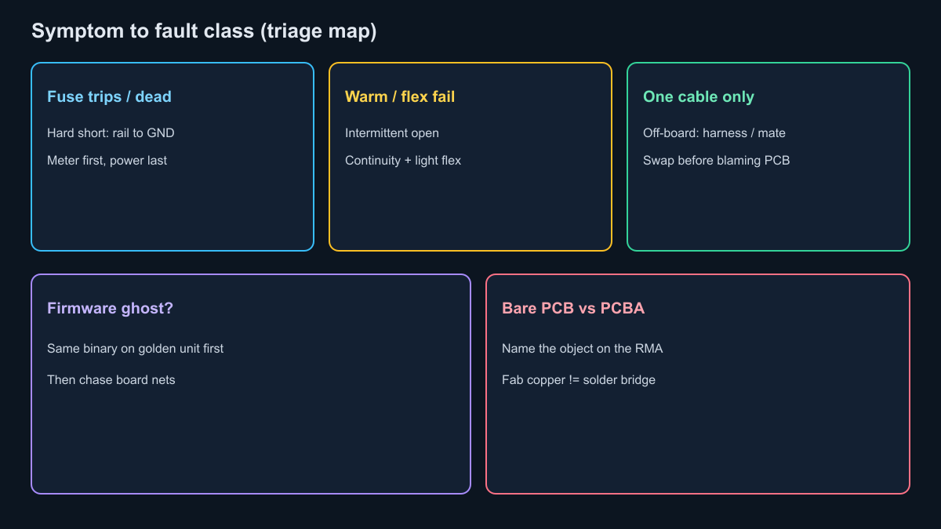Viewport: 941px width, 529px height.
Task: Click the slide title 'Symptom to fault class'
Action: click(143, 31)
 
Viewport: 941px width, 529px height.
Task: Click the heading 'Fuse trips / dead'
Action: click(109, 96)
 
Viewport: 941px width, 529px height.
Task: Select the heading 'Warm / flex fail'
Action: click(399, 96)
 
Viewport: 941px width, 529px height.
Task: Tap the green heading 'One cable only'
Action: click(698, 97)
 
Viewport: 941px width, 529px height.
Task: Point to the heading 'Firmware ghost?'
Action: click(110, 309)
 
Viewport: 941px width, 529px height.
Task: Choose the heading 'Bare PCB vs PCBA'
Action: click(573, 308)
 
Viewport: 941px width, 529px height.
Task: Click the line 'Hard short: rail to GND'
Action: click(111, 133)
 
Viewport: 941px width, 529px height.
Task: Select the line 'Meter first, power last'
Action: click(107, 161)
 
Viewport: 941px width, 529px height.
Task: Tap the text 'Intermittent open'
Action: click(391, 133)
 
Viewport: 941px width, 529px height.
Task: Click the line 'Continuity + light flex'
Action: click(403, 161)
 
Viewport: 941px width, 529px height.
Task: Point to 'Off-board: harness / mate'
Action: click(714, 133)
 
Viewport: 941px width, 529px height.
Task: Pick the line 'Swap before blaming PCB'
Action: click(716, 161)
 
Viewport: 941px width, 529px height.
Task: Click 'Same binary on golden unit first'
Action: click(135, 349)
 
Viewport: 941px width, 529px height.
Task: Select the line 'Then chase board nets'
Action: click(111, 380)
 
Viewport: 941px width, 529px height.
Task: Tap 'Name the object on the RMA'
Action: click(582, 349)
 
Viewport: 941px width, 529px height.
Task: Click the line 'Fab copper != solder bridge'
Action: click(579, 380)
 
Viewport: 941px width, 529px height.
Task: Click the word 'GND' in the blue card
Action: click(161, 133)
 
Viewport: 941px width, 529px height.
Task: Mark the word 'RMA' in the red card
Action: click(649, 349)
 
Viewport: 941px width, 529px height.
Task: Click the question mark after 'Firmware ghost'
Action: click(169, 308)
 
